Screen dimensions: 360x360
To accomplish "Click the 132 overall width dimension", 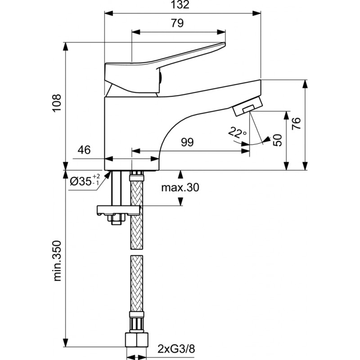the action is [180, 4].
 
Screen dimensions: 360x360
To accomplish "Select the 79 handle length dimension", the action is [177, 23].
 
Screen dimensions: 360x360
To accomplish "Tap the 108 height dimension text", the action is [57, 103].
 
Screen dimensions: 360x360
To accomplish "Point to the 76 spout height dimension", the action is [296, 123].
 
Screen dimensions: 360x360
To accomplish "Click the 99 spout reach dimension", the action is [187, 142].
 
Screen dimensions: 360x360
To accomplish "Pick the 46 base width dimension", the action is [84, 150].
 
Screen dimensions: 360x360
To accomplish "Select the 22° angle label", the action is [238, 132].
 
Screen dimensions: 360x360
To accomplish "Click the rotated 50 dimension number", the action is [277, 140].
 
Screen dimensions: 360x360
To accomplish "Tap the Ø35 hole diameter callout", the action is [85, 180].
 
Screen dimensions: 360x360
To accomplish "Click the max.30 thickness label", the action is [180, 188].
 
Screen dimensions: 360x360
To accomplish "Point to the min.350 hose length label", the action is [57, 261].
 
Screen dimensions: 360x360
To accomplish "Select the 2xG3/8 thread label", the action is [176, 349].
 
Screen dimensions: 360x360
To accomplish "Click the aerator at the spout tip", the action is [247, 106].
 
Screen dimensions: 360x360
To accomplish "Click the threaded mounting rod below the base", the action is [117, 188].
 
